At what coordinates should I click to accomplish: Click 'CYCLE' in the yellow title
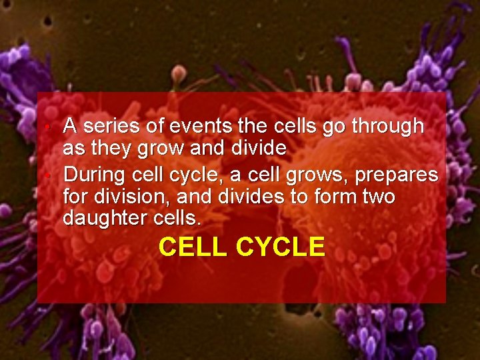[281, 247]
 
